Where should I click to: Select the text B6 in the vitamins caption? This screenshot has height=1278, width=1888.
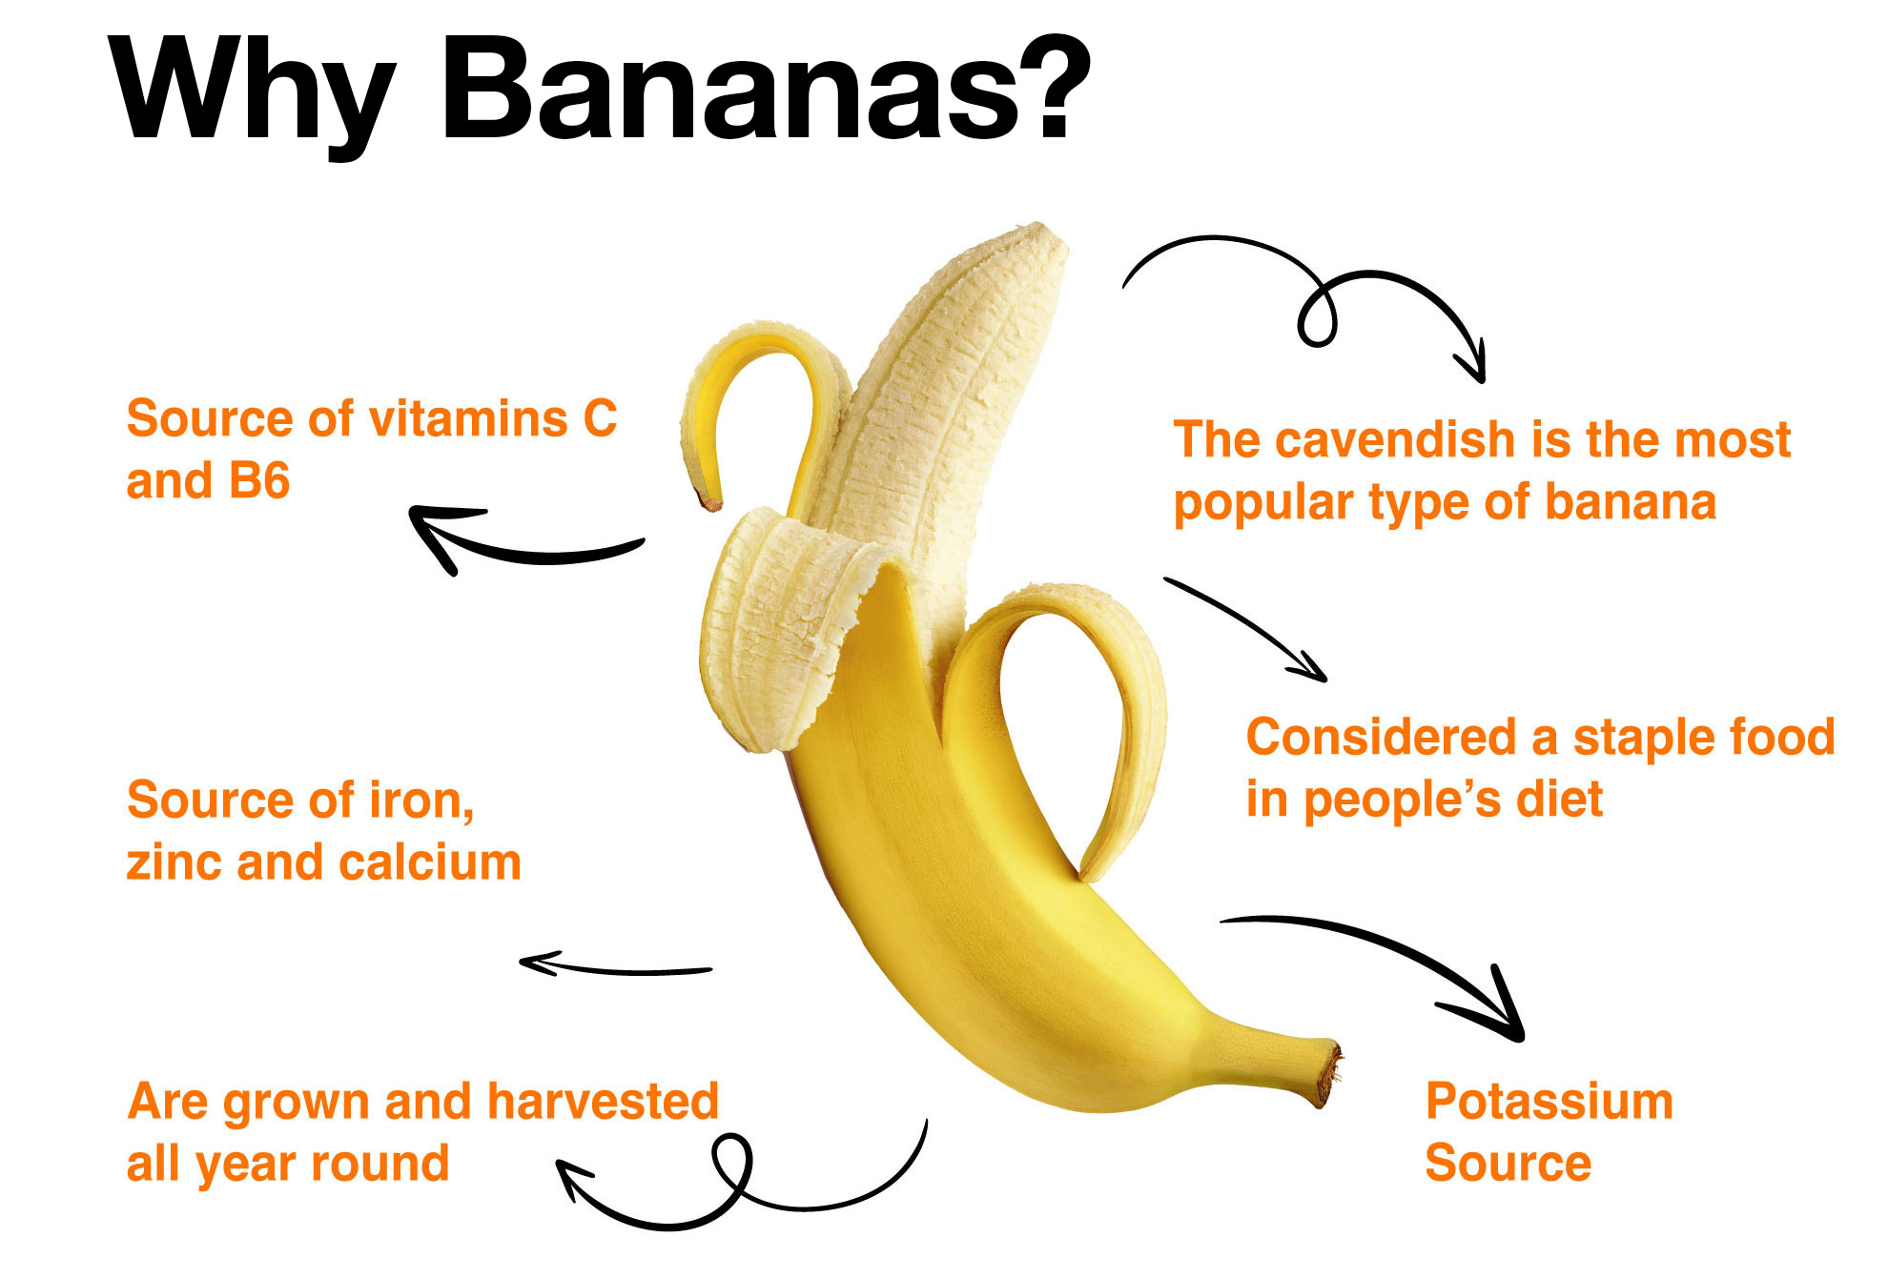point(258,480)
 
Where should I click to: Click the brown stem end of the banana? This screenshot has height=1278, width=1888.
point(1328,1073)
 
